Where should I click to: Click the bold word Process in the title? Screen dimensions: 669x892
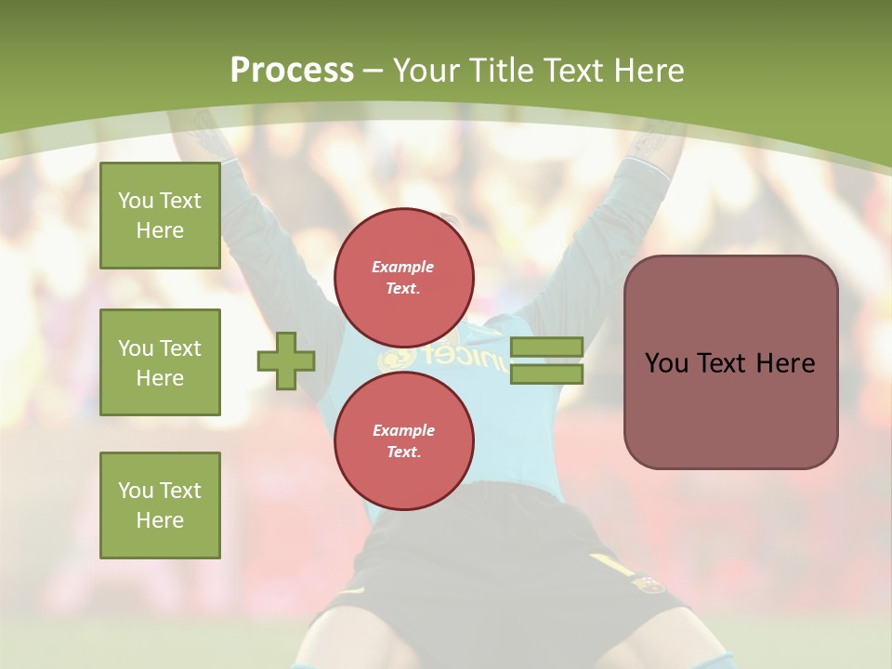click(x=292, y=71)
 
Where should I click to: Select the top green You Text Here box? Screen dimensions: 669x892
click(x=160, y=216)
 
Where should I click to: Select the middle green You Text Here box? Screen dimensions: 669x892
click(x=160, y=362)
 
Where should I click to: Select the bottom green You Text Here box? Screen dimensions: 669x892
click(x=160, y=505)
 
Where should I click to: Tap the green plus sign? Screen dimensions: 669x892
click(x=286, y=361)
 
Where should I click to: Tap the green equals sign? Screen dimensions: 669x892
click(x=546, y=361)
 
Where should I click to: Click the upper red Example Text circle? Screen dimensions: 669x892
click(x=403, y=278)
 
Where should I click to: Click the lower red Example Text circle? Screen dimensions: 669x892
click(x=403, y=441)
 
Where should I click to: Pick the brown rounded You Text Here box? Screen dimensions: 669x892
click(x=730, y=362)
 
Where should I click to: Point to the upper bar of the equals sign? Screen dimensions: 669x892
click(x=546, y=348)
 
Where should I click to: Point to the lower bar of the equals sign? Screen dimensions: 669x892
click(x=546, y=374)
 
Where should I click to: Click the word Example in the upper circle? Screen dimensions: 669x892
click(x=403, y=267)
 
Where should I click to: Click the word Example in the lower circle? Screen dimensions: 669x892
click(x=403, y=430)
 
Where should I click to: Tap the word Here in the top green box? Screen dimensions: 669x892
click(x=160, y=230)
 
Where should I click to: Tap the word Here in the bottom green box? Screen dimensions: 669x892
click(x=160, y=520)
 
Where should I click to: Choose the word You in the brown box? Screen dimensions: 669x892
click(x=665, y=363)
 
